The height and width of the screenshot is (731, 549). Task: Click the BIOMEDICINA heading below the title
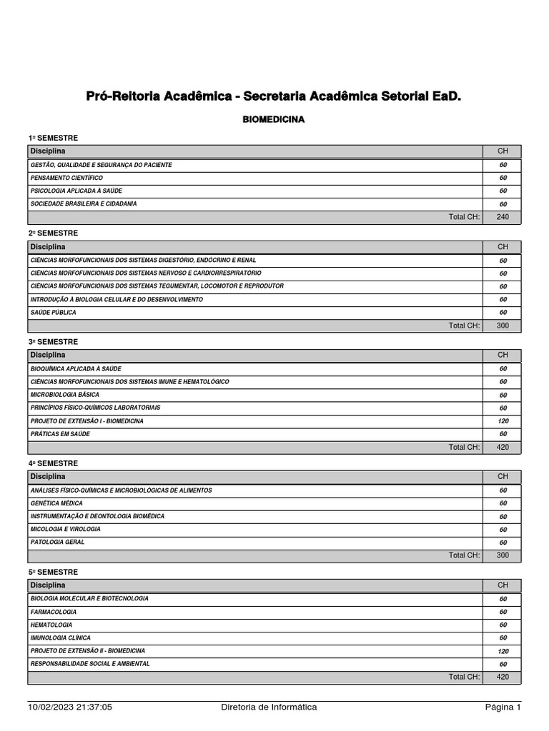274,120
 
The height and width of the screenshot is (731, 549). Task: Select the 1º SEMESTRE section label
53,138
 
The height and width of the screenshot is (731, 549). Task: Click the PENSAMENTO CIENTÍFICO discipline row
66,178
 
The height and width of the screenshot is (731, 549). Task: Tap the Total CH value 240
503,217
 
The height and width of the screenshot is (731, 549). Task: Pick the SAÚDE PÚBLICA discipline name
53,313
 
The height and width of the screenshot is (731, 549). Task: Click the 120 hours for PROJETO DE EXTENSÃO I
503,421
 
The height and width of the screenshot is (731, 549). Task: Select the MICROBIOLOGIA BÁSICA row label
64,395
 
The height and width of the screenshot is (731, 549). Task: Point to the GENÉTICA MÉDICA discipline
56,503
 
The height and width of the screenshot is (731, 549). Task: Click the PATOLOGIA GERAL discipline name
57,542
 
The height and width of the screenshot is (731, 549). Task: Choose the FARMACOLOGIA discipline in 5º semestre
54,612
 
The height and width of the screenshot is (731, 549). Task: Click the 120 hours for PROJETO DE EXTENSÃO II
503,651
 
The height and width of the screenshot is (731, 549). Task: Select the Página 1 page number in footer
503,707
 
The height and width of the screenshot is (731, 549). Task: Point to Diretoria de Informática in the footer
269,707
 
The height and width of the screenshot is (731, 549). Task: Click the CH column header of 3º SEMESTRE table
503,355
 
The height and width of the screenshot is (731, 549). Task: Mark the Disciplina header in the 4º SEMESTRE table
47,476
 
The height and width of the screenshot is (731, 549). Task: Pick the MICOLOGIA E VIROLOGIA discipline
65,529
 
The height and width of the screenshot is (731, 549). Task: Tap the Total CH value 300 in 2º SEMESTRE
503,326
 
